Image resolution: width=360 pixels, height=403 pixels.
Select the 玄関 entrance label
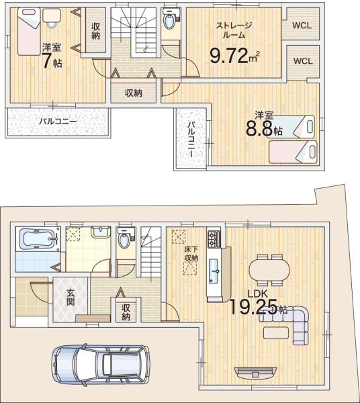click(71, 298)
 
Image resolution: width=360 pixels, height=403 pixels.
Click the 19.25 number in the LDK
click(253, 307)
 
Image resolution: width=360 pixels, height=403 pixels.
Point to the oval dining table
click(269, 270)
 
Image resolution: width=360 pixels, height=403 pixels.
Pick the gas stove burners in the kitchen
click(214, 239)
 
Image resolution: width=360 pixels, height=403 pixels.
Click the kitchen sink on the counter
click(214, 271)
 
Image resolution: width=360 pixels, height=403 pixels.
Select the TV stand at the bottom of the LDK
click(256, 373)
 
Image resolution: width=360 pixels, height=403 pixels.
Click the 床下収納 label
click(191, 254)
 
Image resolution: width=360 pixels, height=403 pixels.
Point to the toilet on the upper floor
click(170, 19)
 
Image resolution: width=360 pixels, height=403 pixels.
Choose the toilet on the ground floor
click(125, 238)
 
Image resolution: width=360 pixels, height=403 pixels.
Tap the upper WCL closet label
click(302, 26)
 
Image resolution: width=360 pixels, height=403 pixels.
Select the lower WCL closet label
click(303, 61)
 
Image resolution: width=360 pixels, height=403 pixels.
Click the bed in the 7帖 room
click(29, 32)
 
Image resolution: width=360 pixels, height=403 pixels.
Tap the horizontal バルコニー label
click(58, 122)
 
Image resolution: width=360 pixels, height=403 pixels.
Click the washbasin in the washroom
click(101, 232)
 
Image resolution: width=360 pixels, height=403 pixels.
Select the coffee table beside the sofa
click(276, 333)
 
